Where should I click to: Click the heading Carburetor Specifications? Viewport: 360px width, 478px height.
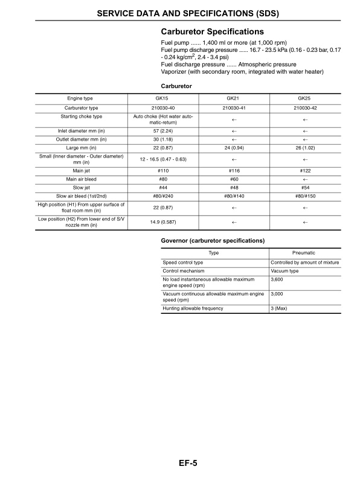[x=212, y=31]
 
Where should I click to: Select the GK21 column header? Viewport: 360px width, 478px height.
[x=233, y=98]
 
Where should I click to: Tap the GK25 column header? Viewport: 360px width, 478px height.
[x=304, y=98]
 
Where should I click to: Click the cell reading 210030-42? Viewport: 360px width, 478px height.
[x=304, y=107]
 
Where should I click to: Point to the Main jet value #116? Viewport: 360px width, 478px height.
[x=233, y=171]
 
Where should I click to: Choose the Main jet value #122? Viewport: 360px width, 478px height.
[x=304, y=171]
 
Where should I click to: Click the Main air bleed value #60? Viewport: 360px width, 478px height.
[x=233, y=179]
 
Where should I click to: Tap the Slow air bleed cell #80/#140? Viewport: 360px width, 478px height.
[x=233, y=196]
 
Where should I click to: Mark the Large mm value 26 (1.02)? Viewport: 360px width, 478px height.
[x=304, y=147]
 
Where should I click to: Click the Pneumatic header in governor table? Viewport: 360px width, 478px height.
[x=304, y=252]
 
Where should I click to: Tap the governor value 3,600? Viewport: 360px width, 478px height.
[x=277, y=279]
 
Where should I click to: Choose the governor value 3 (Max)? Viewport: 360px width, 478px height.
[x=279, y=308]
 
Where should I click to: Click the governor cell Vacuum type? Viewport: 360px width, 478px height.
[x=285, y=271]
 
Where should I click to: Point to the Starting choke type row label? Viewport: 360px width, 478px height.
[x=81, y=116]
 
